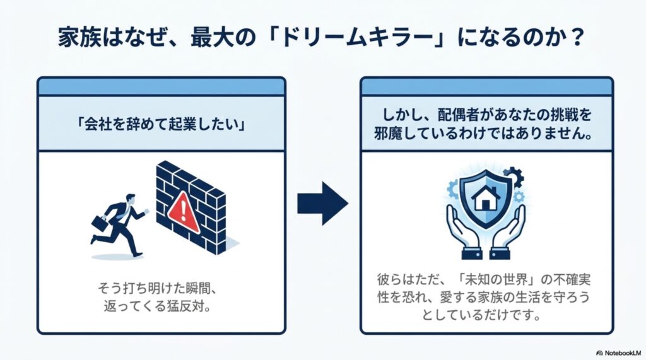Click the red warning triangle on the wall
[x=183, y=212]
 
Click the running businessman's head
[x=130, y=199]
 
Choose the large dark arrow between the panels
[x=322, y=204]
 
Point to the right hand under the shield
[x=509, y=232]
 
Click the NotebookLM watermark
[x=618, y=353]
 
